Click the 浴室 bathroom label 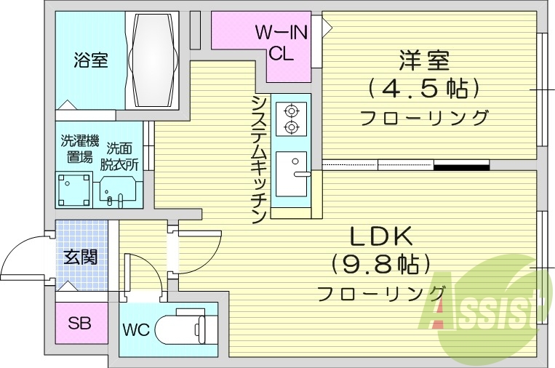point(90,61)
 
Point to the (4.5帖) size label point(424,89)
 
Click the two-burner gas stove point(292,119)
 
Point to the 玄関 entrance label point(81,256)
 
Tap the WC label point(136,329)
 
